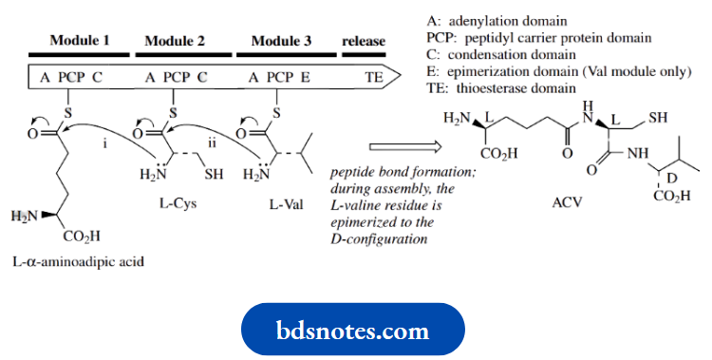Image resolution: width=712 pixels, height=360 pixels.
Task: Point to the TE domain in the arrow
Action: (x=375, y=78)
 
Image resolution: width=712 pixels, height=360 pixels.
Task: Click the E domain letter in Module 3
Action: (x=306, y=78)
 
